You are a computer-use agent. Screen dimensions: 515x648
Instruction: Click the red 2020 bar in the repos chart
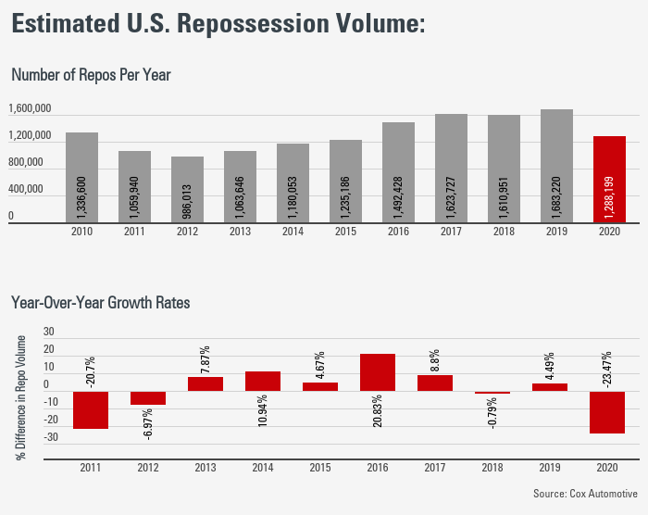609,180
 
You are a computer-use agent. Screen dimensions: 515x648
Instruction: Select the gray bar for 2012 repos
187,190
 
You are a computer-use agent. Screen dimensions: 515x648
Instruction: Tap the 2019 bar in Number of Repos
556,167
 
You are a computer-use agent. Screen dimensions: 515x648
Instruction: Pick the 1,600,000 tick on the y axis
30,109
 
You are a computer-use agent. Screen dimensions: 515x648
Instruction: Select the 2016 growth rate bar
378,372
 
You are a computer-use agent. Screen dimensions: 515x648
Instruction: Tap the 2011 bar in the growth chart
91,409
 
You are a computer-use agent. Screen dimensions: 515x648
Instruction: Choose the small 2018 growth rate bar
492,393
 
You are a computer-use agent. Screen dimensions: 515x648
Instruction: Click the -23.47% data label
607,367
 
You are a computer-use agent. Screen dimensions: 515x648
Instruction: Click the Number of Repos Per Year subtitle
91,74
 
